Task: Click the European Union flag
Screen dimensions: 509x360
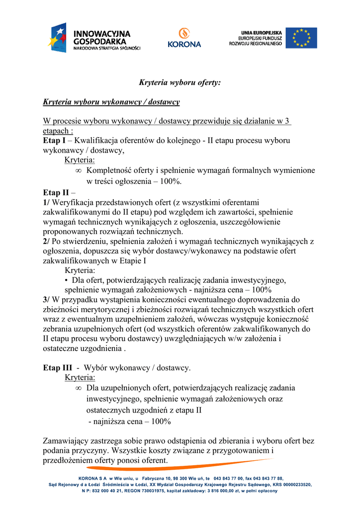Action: click(x=301, y=38)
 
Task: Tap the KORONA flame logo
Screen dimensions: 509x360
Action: click(x=184, y=33)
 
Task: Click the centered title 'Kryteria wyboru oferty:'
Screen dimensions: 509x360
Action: click(x=179, y=83)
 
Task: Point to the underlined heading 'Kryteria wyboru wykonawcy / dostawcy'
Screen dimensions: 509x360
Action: click(x=111, y=102)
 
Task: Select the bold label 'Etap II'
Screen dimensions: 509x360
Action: click(x=56, y=192)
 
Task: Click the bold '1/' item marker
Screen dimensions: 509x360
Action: click(x=47, y=202)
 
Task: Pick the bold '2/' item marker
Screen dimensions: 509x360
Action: click(x=47, y=242)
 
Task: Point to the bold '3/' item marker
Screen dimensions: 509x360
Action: click(x=47, y=300)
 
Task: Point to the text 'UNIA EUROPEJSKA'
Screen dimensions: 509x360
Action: click(x=262, y=32)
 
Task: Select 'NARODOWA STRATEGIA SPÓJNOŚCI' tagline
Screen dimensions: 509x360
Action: click(x=107, y=49)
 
